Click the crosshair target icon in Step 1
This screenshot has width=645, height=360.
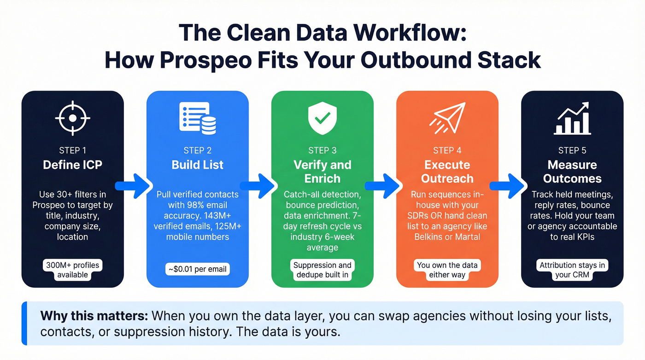click(x=72, y=118)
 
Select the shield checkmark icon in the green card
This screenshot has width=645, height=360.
click(x=322, y=118)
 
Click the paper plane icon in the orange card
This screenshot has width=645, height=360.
click(x=447, y=118)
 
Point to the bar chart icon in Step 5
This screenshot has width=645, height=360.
click(x=572, y=118)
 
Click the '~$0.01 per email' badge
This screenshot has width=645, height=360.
click(x=198, y=269)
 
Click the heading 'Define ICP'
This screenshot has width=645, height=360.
click(x=72, y=165)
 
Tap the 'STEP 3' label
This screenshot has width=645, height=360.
click(x=322, y=150)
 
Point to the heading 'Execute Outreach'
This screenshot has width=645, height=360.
click(x=447, y=171)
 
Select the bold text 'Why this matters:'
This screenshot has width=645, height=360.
click(x=94, y=316)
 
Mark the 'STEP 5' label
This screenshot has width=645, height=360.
click(x=572, y=150)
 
